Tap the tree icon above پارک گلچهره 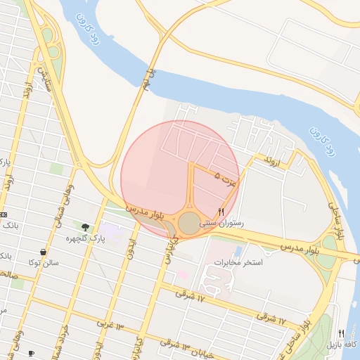(85, 227)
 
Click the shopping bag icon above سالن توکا (44, 252)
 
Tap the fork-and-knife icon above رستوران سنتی (221, 212)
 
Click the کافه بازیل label (342, 345)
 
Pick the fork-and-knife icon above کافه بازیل (342, 333)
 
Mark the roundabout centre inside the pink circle (189, 224)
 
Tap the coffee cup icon (31, 352)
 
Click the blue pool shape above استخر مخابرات (238, 251)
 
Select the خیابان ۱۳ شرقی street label (176, 345)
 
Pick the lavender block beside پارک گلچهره (111, 230)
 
